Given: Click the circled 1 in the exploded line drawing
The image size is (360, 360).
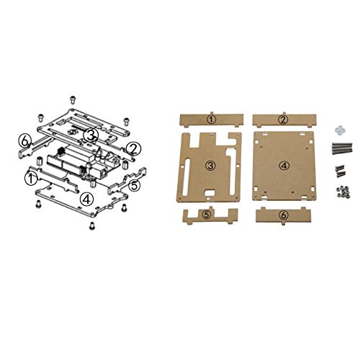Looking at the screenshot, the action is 31,179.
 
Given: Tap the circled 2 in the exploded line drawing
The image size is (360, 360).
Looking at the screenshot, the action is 133,149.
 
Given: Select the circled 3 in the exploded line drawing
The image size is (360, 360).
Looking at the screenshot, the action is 90,135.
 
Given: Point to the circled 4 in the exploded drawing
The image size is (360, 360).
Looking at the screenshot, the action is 86,199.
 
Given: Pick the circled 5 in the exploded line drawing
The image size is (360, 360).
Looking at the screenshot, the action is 135,186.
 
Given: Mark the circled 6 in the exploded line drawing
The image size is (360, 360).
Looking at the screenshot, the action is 24,141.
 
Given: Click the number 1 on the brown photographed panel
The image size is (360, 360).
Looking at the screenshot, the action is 211,120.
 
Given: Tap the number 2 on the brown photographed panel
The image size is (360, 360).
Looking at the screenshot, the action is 283,120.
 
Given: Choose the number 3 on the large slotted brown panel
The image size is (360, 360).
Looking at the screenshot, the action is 210,166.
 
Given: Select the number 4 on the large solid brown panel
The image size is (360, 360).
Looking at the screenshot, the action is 284,166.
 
